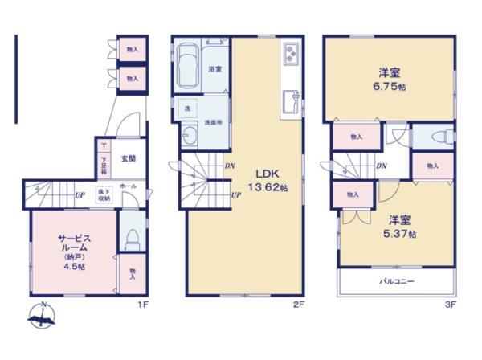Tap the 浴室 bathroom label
tap(215, 70)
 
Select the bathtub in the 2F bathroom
tap(190, 67)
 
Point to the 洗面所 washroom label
tap(212, 122)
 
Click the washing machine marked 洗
tap(186, 108)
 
